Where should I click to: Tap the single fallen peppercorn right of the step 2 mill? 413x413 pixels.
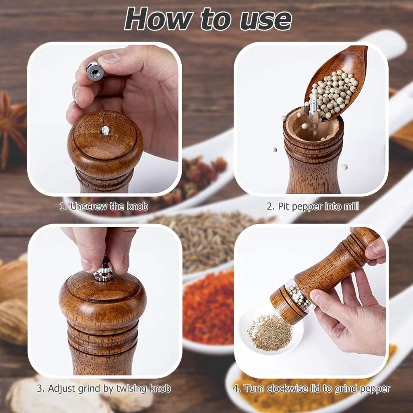pos(344,167)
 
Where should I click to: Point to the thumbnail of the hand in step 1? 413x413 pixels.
pos(111,58)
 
